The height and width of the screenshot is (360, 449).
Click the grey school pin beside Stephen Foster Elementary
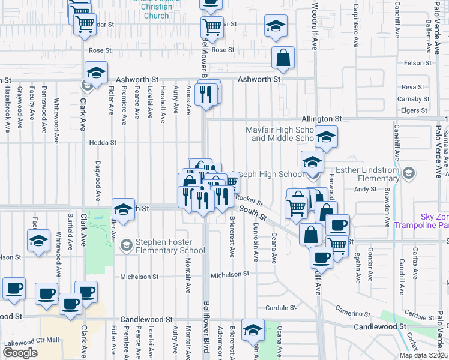[x=126, y=244]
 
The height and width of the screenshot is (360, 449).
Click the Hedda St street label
[x=103, y=143]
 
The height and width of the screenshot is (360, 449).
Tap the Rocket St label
[x=249, y=198]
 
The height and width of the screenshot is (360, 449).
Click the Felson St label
[x=418, y=62]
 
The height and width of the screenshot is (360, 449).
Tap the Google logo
[x=20, y=353]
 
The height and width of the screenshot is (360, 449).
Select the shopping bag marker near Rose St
[x=283, y=58]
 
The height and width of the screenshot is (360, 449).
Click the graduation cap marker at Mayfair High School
[x=326, y=138]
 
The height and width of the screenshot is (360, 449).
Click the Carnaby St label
[x=413, y=99]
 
